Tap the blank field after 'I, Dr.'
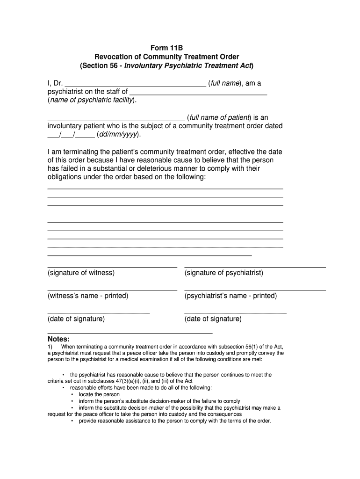click(135, 84)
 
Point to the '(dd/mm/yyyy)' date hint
click(118, 135)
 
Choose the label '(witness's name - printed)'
click(88, 296)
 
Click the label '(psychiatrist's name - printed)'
click(230, 296)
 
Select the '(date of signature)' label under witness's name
click(76, 319)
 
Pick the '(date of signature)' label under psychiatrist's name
click(213, 319)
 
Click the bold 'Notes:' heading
click(59, 339)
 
